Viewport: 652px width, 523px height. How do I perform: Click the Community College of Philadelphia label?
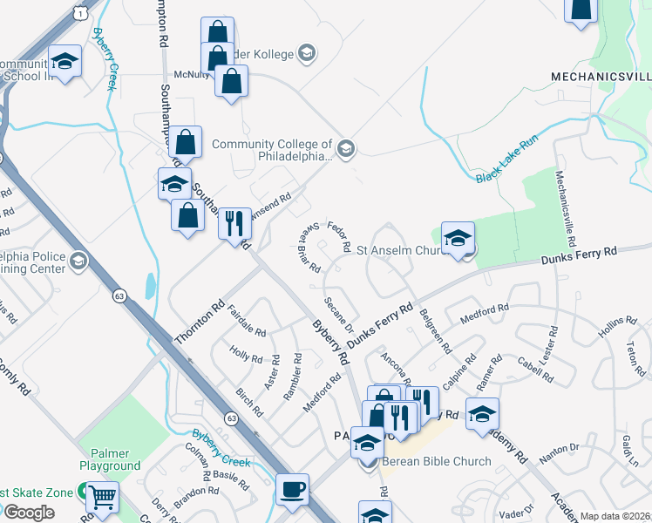point(272,151)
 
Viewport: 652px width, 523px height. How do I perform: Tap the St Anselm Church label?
point(401,250)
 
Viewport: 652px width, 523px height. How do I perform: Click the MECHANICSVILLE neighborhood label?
point(601,77)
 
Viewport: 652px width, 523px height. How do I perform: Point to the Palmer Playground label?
point(115,459)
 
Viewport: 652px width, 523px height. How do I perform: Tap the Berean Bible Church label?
point(436,461)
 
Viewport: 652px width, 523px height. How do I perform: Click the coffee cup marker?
point(293,489)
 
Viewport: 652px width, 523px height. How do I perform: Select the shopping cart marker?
point(104,498)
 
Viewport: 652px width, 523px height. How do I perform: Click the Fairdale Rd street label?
point(246,320)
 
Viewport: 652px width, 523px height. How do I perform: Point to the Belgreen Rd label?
point(435,329)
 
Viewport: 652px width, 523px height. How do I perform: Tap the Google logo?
point(29,513)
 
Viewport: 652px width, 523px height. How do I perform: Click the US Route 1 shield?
point(79,12)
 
